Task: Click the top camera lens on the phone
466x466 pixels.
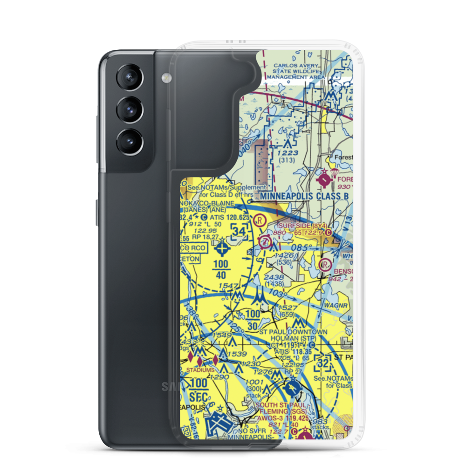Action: click(x=128, y=77)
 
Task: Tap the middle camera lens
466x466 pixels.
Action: click(x=128, y=110)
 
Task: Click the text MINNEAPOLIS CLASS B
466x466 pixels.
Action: click(x=304, y=196)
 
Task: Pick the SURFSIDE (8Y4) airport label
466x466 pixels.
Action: click(x=298, y=224)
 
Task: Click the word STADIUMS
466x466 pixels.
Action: click(x=200, y=370)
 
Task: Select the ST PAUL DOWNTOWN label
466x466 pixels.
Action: click(x=293, y=332)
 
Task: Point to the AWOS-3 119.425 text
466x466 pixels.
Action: click(x=283, y=419)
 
